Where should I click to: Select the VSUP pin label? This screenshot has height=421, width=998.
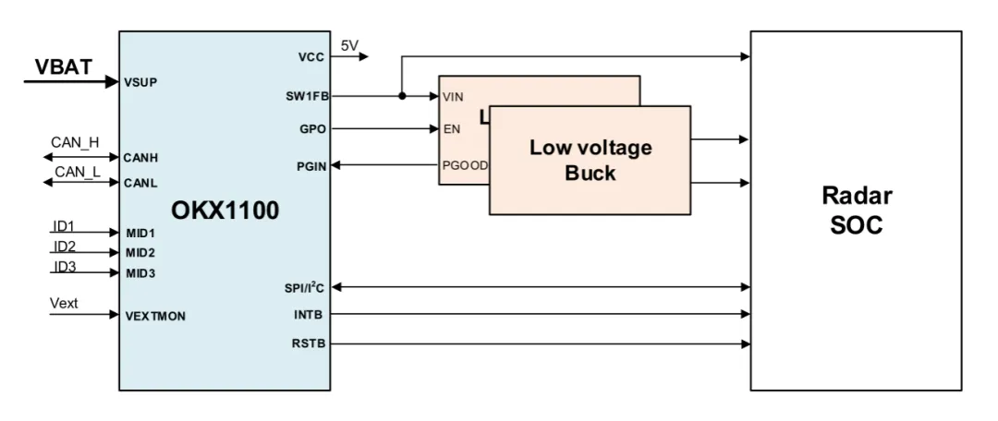click(x=140, y=82)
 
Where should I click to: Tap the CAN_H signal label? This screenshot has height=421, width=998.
click(x=76, y=143)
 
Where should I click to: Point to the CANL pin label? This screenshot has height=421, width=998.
click(x=140, y=183)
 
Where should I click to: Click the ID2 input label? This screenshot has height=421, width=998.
click(x=64, y=246)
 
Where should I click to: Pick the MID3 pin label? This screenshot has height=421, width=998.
click(x=140, y=273)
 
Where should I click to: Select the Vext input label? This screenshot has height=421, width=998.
click(x=65, y=303)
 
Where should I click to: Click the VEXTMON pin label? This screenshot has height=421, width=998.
click(x=155, y=316)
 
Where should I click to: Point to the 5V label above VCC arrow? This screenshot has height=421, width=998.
click(x=349, y=45)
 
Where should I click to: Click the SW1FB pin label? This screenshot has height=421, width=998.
click(x=308, y=96)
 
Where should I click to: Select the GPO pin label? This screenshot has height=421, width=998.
click(x=313, y=130)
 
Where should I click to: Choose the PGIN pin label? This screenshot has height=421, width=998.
click(x=311, y=165)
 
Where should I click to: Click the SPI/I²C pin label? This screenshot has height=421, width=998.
click(x=306, y=287)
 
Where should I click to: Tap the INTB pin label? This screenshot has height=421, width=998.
click(x=311, y=316)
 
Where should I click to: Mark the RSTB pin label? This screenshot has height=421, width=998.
click(x=310, y=344)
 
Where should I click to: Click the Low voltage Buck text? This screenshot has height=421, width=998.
click(x=590, y=160)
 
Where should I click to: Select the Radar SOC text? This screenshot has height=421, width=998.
click(x=856, y=210)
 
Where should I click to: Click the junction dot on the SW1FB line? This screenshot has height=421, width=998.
click(x=402, y=96)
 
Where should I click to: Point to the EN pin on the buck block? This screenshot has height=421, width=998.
click(x=452, y=130)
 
